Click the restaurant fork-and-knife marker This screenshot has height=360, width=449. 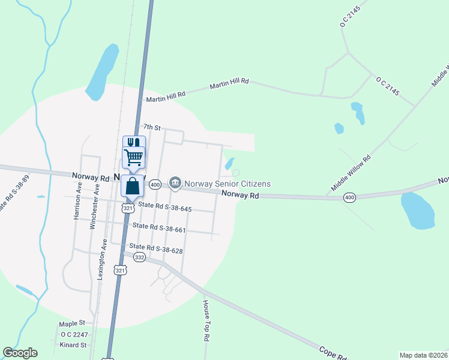[134, 143]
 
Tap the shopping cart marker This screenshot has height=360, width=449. [133, 158]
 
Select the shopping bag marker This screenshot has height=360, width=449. [133, 186]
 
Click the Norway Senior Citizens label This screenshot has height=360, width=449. [228, 184]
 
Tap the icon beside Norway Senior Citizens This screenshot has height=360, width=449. [175, 182]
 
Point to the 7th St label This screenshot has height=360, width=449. [152, 128]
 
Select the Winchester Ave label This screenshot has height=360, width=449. [94, 209]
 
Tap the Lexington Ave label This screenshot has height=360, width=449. [104, 259]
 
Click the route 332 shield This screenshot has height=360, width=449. [139, 257]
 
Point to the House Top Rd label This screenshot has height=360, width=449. [205, 320]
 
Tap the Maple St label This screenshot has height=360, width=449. [73, 323]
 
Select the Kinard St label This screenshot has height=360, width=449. [73, 345]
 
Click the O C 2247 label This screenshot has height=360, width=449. [74, 334]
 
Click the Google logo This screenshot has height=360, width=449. [20, 353]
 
